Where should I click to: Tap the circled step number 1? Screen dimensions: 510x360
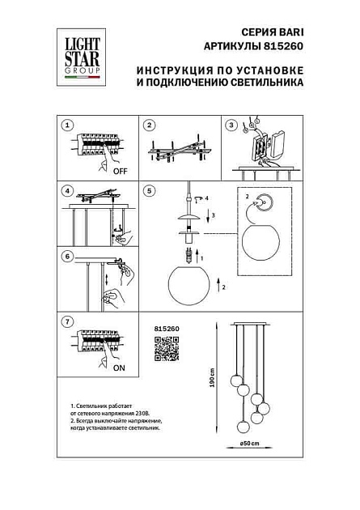(x=68, y=125)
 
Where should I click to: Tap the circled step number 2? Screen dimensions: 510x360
(x=149, y=125)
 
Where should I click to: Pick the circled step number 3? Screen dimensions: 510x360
(x=231, y=125)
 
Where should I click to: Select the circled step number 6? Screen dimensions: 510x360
(x=68, y=257)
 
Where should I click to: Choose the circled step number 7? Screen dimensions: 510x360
(x=68, y=321)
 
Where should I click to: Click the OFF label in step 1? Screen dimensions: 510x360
(x=119, y=172)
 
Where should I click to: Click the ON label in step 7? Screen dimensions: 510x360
(x=118, y=366)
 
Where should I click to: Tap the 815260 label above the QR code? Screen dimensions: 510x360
(x=165, y=328)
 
